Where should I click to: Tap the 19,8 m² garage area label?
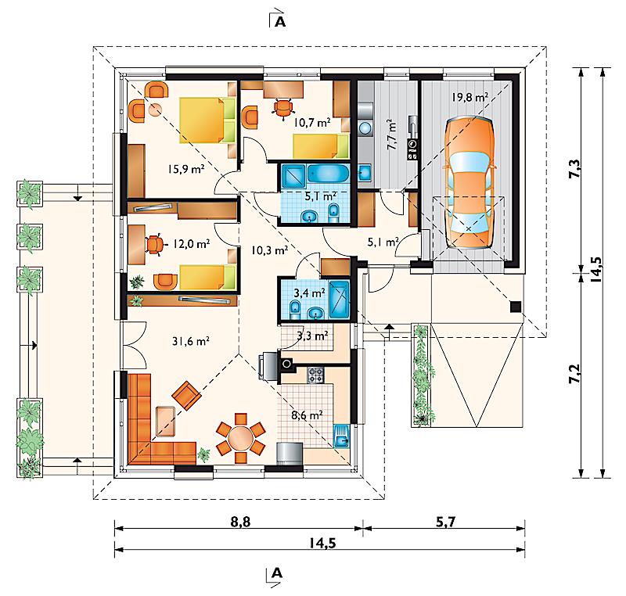coord(469,98)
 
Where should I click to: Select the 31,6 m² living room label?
coord(189,340)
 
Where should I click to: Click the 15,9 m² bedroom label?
coord(186,167)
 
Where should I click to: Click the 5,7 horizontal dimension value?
coord(444,519)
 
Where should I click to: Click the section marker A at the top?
coord(279,20)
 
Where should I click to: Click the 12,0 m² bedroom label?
coord(191,244)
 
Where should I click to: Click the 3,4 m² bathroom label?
coord(308,293)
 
